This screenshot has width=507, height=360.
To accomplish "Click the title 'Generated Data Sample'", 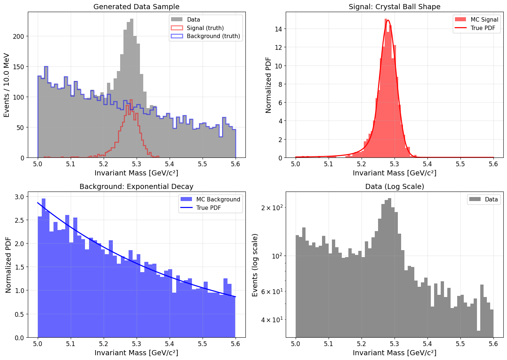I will pos(136,7).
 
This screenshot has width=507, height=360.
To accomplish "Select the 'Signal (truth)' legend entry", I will pos(205,28).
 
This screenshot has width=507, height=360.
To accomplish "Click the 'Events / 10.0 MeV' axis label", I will pos(7,85).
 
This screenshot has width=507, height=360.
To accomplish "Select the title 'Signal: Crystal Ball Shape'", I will pos(395,7).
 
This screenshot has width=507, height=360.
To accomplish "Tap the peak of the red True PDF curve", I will pos(388,21).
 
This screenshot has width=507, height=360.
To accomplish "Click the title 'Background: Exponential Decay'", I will pos(136,186).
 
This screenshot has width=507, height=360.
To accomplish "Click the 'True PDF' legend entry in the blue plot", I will pos(208,208).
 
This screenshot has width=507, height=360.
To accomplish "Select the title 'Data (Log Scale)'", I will pos(395,186).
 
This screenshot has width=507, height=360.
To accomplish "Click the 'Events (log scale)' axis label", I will pos(255,265).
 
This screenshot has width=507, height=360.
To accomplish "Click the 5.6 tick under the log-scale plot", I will pos(493,344).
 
